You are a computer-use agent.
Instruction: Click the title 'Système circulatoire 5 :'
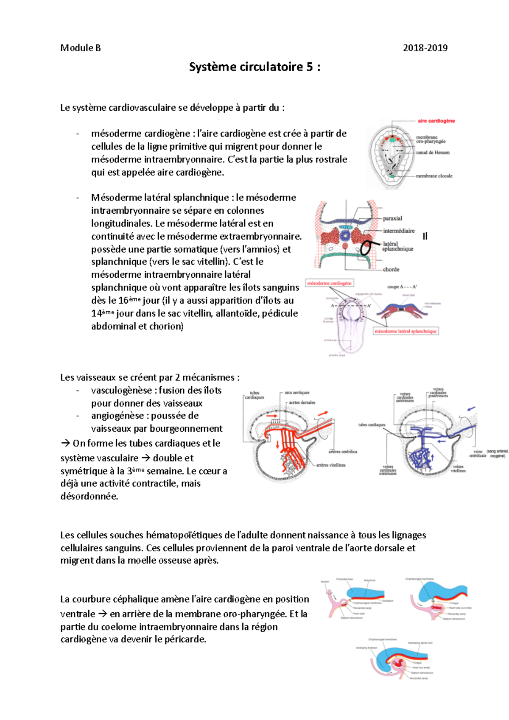(255, 67)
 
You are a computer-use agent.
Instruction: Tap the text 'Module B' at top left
(81, 48)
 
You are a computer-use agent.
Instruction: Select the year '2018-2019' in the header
(425, 48)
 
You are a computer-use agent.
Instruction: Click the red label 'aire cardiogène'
(436, 121)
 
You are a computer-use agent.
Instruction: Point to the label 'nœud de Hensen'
(433, 152)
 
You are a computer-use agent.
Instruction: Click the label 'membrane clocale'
(434, 176)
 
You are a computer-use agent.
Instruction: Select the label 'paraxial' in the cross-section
(392, 218)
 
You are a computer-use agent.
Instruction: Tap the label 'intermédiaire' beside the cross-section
(399, 231)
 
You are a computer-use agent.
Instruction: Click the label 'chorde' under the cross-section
(391, 269)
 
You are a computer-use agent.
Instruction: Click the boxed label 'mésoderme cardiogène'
(330, 283)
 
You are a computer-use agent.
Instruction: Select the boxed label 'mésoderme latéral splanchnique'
(406, 331)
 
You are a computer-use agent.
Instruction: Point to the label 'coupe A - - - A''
(402, 287)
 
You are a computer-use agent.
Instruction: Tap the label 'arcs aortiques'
(297, 393)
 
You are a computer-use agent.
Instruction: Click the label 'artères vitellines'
(331, 465)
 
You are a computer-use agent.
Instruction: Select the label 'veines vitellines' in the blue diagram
(458, 468)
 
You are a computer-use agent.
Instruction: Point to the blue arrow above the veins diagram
(471, 409)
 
